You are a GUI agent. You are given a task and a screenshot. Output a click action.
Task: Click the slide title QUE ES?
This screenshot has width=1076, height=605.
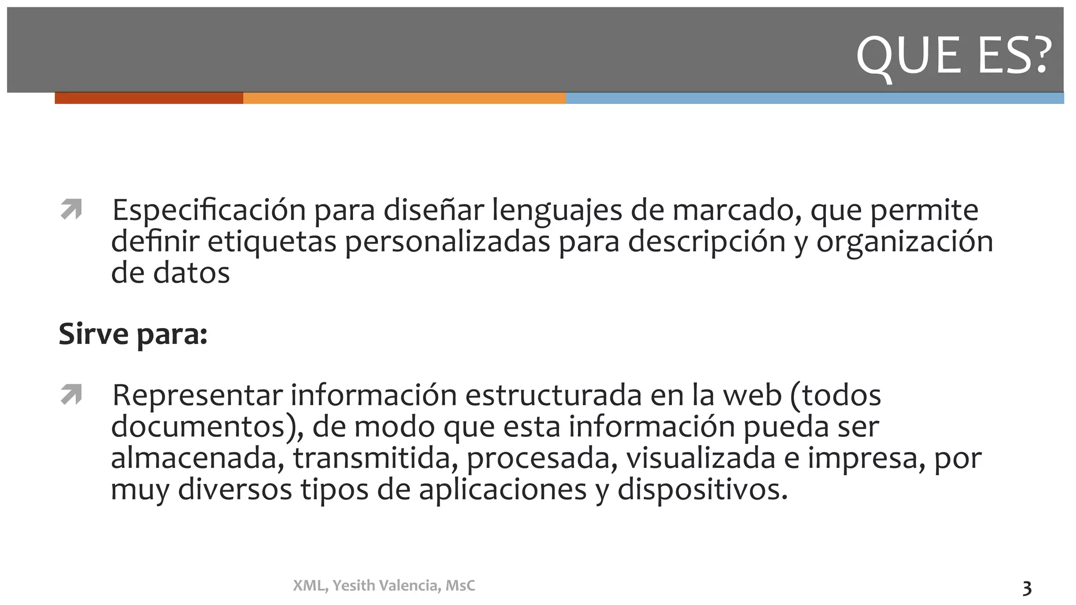[x=954, y=55]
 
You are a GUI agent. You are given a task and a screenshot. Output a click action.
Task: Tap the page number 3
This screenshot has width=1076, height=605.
[x=1027, y=588]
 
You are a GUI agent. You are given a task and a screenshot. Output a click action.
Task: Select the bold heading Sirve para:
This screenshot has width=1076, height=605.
[x=133, y=334]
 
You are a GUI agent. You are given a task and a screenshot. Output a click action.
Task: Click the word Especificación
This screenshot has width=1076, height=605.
[x=209, y=211]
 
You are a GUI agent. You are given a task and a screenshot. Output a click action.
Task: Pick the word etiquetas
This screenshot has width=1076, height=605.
[x=272, y=242]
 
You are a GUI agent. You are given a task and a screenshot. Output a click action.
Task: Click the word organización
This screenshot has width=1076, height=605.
[x=904, y=242]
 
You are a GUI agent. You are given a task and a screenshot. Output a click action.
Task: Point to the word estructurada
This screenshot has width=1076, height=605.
[x=553, y=395]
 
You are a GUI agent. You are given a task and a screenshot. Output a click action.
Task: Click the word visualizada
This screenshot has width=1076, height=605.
[x=700, y=458]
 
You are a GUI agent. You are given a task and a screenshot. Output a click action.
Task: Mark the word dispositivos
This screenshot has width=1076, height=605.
[x=702, y=489]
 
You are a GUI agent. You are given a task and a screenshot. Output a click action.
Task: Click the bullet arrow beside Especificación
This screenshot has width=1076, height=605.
[x=71, y=209]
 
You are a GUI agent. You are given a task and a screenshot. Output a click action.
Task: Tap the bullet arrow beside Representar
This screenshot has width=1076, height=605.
[x=71, y=394]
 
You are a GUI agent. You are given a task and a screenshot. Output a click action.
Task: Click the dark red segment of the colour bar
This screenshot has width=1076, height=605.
[x=149, y=98]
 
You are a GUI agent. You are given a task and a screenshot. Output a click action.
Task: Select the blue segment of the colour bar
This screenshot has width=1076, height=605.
[x=814, y=98]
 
